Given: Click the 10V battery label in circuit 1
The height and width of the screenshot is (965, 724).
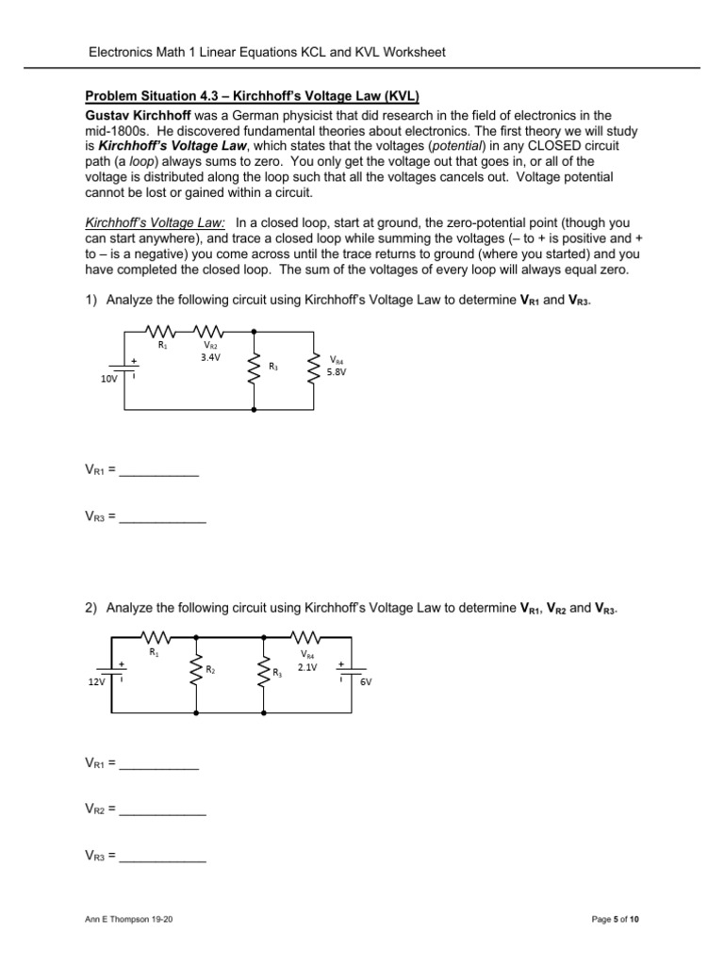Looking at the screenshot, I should [109, 379].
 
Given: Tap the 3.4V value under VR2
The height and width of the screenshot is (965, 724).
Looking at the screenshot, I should [211, 358].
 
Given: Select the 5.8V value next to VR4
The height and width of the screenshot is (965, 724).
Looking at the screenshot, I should [337, 371].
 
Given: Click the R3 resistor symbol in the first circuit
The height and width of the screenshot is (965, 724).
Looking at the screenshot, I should [255, 368].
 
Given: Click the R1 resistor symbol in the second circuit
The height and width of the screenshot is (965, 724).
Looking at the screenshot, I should [154, 635].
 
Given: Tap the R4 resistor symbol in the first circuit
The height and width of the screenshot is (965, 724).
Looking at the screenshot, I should [313, 368].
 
